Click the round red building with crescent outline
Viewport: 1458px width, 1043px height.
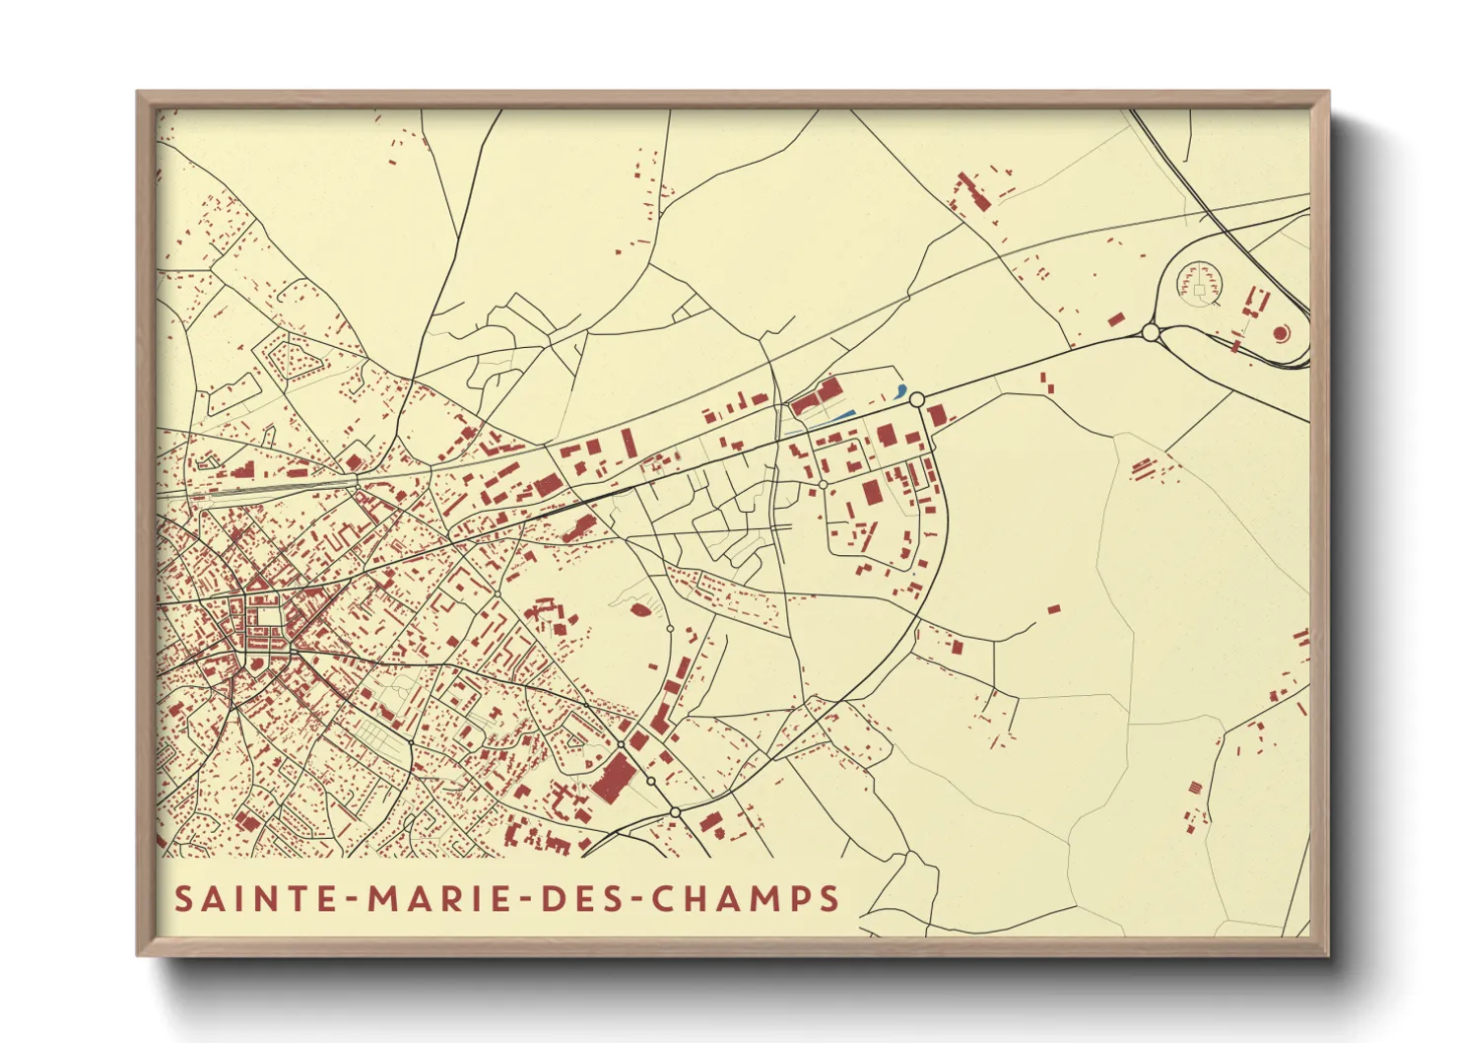[1281, 333]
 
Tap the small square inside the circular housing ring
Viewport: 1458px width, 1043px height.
[1199, 290]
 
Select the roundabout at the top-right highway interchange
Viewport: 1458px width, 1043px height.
[1150, 333]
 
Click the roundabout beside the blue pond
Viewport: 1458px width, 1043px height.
[916, 399]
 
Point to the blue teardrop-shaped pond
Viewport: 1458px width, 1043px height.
[900, 390]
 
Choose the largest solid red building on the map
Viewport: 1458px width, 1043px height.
[613, 777]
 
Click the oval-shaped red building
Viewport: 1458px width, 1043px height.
[639, 610]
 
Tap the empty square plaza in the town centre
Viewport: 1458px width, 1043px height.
[266, 617]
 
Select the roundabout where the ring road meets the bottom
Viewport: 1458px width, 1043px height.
[675, 811]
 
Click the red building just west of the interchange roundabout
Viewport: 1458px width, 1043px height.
[1116, 319]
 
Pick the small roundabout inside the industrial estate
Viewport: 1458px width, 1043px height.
[823, 485]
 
